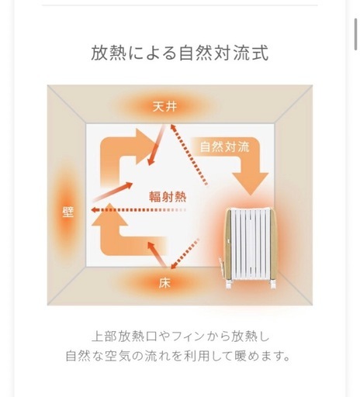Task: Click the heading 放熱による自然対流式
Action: [180, 54]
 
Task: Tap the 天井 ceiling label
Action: [164, 106]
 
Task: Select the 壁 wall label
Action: [68, 212]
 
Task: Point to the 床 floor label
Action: [164, 283]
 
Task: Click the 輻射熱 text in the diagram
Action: [168, 197]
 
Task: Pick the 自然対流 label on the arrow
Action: [224, 147]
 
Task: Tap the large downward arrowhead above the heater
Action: [250, 183]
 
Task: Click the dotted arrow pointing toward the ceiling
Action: [189, 154]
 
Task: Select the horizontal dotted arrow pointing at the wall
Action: [139, 210]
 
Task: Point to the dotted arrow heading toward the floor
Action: [185, 254]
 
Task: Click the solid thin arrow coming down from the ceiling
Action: [156, 145]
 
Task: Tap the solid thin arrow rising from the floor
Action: [157, 254]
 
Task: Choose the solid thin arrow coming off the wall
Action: [112, 192]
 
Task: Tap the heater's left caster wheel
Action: [230, 285]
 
